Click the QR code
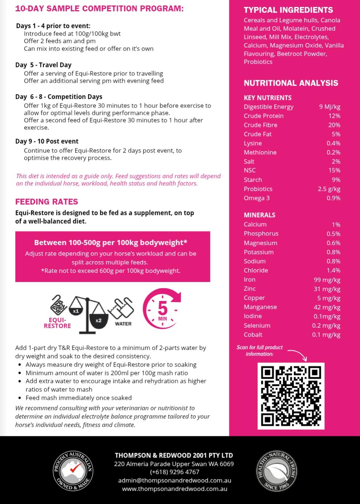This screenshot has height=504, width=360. [x=291, y=395]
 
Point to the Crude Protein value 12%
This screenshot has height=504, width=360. [x=334, y=116]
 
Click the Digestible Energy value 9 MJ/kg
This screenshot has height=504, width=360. [x=329, y=107]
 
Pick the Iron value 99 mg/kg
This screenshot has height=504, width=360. [x=327, y=280]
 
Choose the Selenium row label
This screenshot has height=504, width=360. [x=257, y=326]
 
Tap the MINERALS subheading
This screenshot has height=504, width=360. [x=259, y=215]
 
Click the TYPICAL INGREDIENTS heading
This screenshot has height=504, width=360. [x=288, y=10]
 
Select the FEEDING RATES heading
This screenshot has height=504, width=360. [x=46, y=202]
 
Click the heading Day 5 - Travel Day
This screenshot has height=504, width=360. [x=43, y=65]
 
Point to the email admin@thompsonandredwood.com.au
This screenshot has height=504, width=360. [x=175, y=480]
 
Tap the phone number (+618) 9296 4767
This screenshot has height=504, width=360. [x=175, y=472]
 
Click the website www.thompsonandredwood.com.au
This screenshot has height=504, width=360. [x=175, y=489]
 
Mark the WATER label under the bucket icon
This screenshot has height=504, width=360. [x=123, y=324]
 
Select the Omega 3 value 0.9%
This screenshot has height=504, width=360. [x=333, y=198]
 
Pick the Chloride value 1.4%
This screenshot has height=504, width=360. [x=333, y=270]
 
